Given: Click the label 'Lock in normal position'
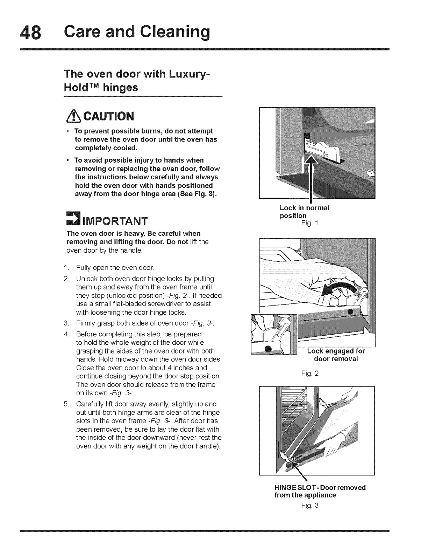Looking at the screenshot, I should tap(304, 212).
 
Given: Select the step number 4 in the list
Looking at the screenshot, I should tap(66, 334).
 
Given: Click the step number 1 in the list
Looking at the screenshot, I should tap(66, 268).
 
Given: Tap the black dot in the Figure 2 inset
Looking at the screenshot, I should tap(269, 349).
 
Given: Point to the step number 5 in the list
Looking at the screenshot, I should tap(66, 404).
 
